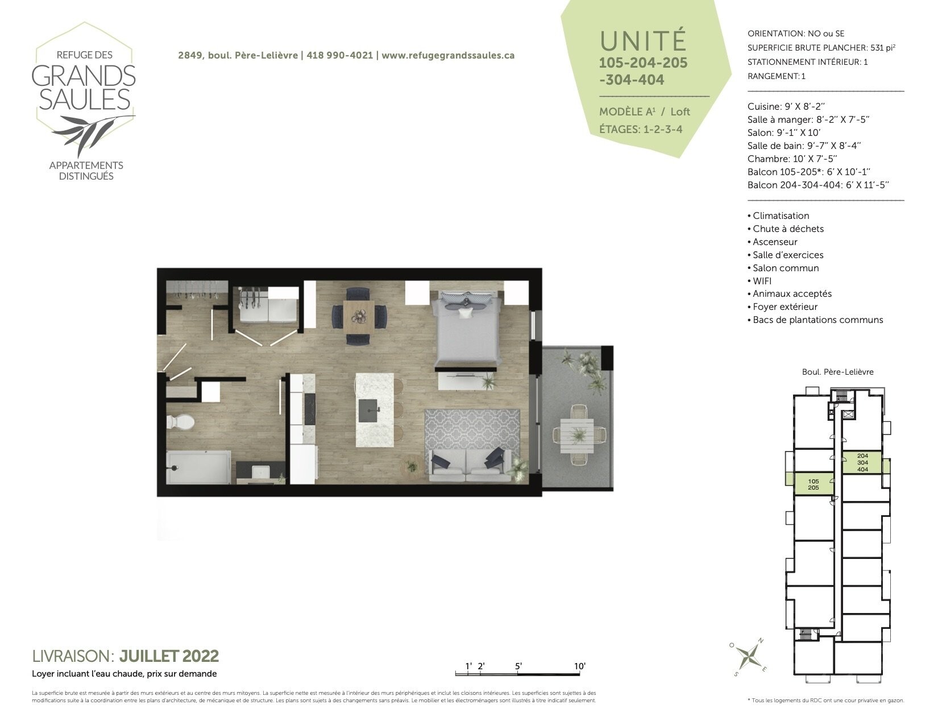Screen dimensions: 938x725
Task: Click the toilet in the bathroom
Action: point(180,422)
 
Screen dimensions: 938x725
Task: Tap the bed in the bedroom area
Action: point(468,328)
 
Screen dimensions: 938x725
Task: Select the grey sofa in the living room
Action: point(470,466)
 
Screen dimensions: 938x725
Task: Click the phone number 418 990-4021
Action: point(340,55)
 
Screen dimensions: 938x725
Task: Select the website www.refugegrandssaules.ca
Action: point(448,55)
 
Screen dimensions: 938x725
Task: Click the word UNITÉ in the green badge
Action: point(643,40)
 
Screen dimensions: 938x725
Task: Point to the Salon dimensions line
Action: point(784,132)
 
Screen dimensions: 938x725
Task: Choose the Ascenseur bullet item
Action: point(772,242)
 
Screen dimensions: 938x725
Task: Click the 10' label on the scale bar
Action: point(580,666)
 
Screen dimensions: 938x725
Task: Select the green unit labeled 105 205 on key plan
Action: point(814,484)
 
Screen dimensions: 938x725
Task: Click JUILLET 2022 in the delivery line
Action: point(169,656)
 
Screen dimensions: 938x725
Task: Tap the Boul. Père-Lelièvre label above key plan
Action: point(837,372)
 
